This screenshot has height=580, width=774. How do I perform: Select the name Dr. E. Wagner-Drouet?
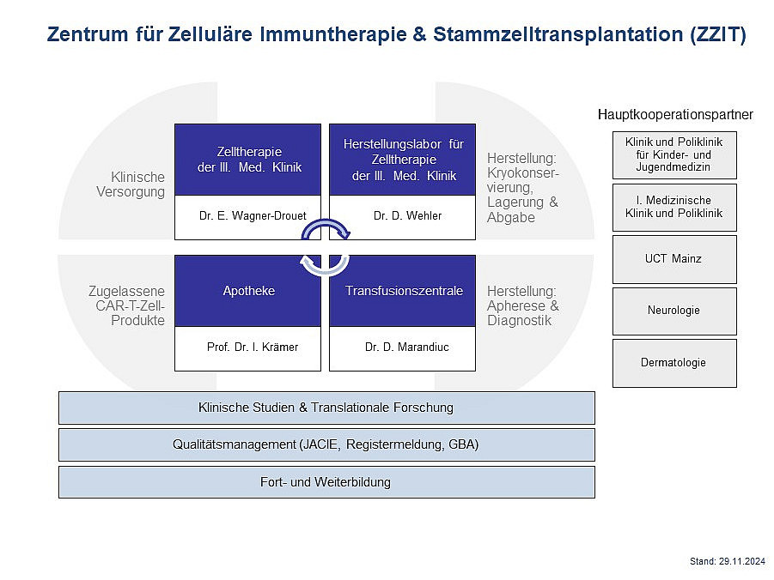[x=253, y=215]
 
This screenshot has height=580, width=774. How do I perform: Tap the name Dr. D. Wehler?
[x=408, y=215]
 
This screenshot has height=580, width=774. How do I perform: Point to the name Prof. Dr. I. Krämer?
[x=253, y=347]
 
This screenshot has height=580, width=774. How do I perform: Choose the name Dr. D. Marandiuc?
[x=407, y=347]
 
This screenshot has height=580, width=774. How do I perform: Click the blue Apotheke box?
[x=247, y=291]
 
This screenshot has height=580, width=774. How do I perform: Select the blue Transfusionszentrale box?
[x=402, y=291]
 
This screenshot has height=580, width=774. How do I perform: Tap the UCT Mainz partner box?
[x=674, y=259]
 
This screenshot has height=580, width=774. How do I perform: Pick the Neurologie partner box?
[x=674, y=311]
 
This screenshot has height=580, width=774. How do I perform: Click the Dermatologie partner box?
[x=674, y=363]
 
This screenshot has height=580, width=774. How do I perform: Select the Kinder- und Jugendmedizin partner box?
[x=674, y=154]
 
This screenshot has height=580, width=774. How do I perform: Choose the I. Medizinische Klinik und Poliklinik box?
[x=674, y=207]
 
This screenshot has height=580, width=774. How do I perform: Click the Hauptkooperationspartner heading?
[x=675, y=114]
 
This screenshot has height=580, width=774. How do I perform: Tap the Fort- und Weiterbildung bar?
[x=326, y=482]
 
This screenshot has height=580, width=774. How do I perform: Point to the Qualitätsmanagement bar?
[x=326, y=444]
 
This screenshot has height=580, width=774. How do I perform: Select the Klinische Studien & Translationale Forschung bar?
[x=326, y=408]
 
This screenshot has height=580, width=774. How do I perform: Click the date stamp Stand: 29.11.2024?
[x=728, y=561]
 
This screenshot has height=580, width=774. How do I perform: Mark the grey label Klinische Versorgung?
[x=131, y=184]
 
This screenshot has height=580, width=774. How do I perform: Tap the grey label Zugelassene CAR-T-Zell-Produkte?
[x=127, y=305]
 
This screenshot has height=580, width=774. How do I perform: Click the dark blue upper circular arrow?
[x=326, y=222]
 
